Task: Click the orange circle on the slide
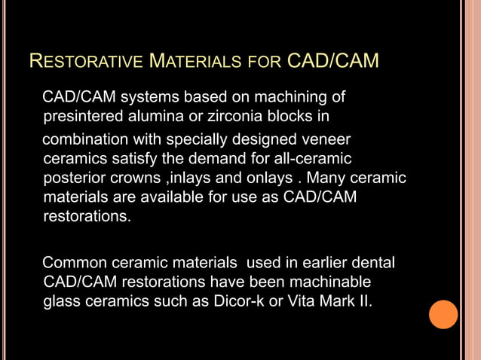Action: click(x=443, y=313)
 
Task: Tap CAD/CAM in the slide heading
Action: click(x=333, y=60)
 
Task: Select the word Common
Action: click(x=76, y=264)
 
